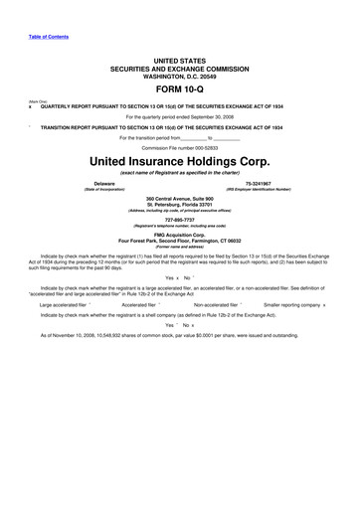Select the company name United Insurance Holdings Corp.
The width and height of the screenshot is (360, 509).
point(179,159)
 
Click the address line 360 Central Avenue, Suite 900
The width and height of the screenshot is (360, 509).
point(179,201)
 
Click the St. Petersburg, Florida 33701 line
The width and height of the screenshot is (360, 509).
point(179,207)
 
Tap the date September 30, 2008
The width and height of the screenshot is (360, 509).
point(213,116)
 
